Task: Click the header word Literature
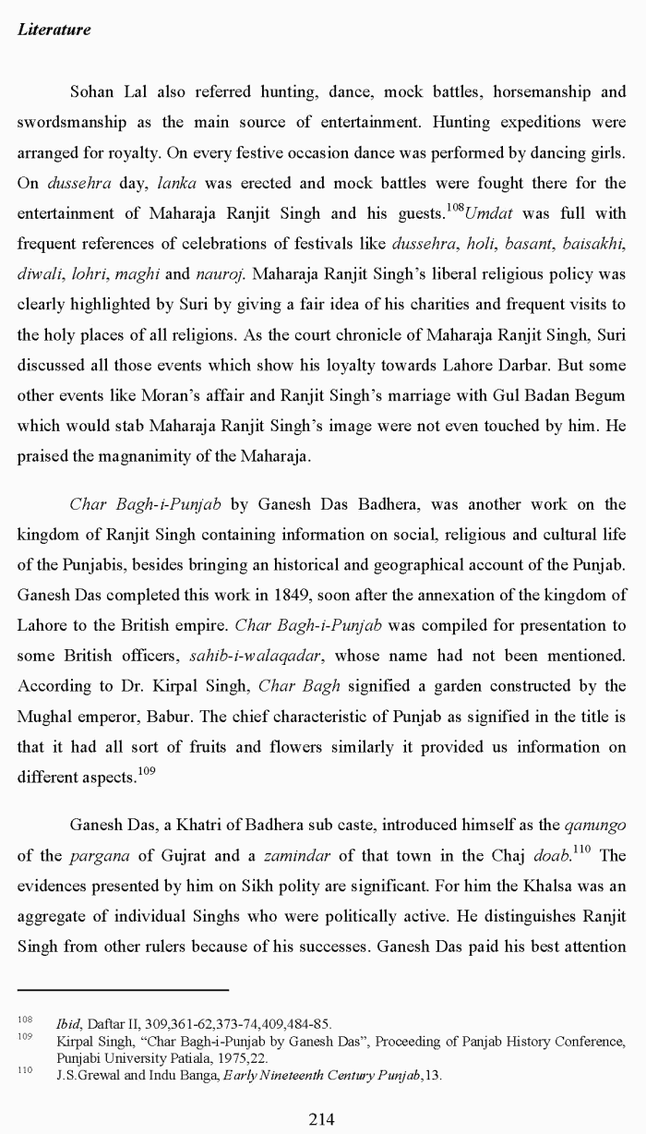click(54, 30)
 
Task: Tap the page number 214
click(321, 1119)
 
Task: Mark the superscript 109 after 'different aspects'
click(148, 771)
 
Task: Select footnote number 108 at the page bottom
click(25, 1020)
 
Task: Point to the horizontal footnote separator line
click(123, 990)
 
